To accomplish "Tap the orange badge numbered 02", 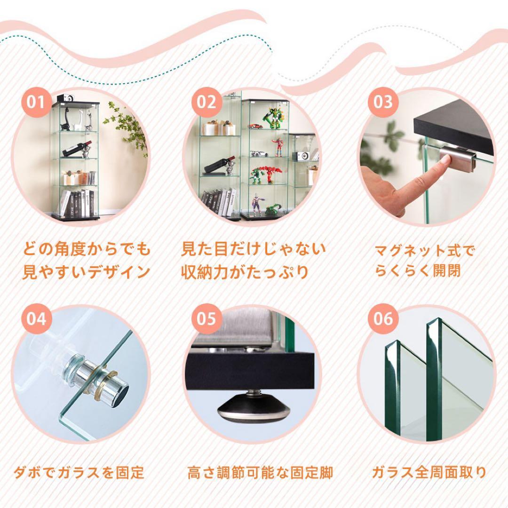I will pos(206,101).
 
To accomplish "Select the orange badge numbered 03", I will pos(383,101).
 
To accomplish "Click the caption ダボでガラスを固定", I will pos(78,472).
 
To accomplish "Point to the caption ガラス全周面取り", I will pos(429,472).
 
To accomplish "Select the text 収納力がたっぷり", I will pos(245,272).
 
